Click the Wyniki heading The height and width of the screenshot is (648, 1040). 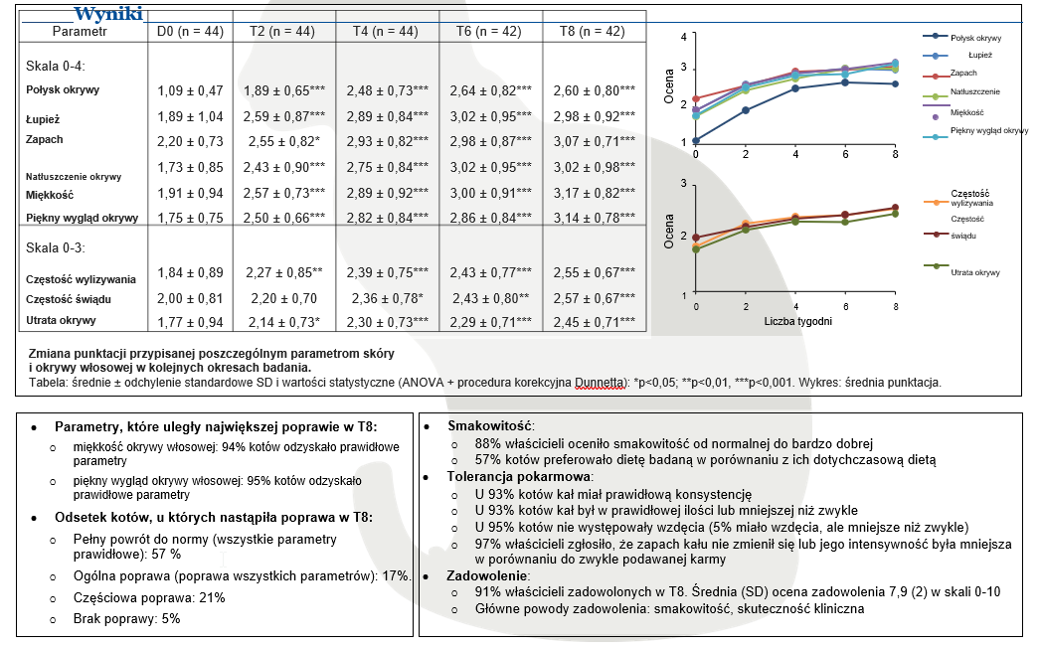(x=108, y=15)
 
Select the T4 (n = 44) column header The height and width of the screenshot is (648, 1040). (x=389, y=32)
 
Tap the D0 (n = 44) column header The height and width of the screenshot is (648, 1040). (x=190, y=32)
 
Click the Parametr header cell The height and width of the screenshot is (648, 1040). (x=80, y=32)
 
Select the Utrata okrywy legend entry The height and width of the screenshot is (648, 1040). (x=974, y=271)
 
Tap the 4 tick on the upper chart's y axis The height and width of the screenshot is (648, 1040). (x=683, y=37)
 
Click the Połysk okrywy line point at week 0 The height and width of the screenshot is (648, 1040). (x=696, y=140)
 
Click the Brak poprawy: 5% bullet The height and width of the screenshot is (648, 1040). (x=126, y=618)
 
